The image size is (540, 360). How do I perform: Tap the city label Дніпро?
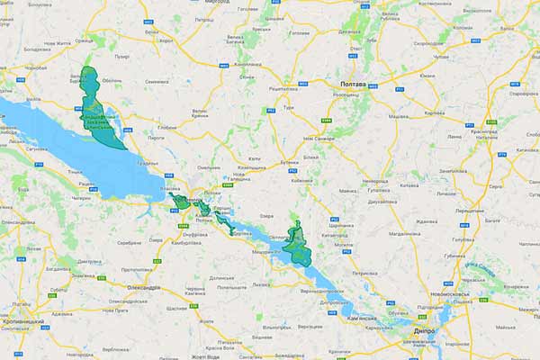pyautogui.click(x=425, y=330)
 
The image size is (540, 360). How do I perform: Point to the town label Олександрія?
pyautogui.click(x=144, y=287)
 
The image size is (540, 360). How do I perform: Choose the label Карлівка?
pyautogui.click(x=434, y=113)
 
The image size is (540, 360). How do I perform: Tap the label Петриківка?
pyautogui.click(x=364, y=271)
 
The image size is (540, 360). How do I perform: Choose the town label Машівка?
pyautogui.click(x=399, y=117)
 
